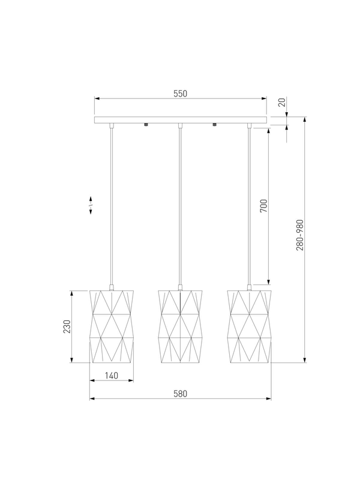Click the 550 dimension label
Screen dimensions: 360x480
[181, 94]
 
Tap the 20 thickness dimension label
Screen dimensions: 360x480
[283, 102]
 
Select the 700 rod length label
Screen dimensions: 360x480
[263, 206]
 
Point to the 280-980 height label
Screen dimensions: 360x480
[299, 235]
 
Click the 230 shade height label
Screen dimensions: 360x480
[67, 326]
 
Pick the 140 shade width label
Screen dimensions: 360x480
[112, 376]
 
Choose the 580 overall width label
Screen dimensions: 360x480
[181, 394]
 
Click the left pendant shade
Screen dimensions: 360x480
[112, 326]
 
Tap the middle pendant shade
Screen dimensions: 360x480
[181, 326]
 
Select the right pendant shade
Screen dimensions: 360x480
[249, 326]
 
